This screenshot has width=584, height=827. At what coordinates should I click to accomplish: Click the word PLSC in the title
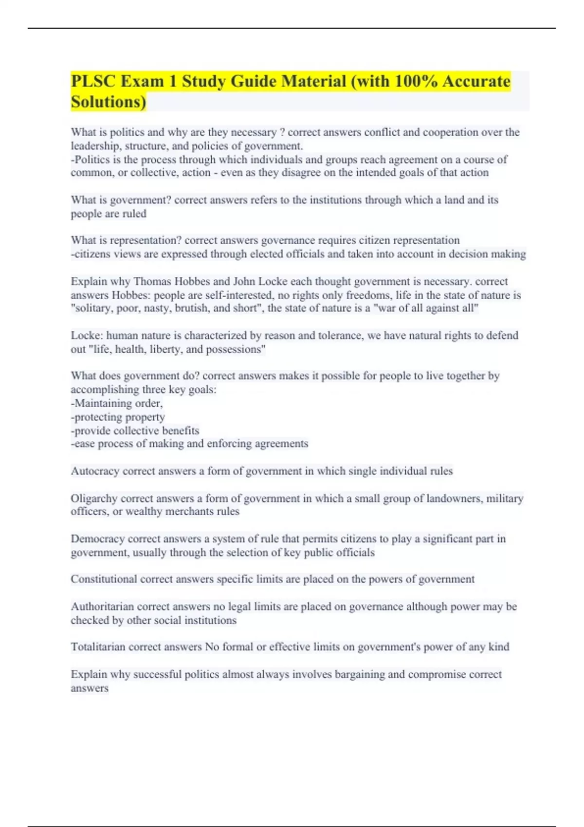(x=93, y=81)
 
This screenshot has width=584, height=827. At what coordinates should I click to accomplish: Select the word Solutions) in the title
(x=108, y=102)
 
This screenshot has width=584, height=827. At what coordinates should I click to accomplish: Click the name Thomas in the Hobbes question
(x=152, y=282)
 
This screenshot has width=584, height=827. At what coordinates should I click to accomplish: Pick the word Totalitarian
(x=98, y=647)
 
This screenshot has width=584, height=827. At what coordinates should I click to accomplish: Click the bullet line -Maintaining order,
(x=117, y=403)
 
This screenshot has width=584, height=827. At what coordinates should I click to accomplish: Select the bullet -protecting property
(x=118, y=417)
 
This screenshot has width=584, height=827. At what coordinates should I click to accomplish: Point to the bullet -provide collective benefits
(x=135, y=431)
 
